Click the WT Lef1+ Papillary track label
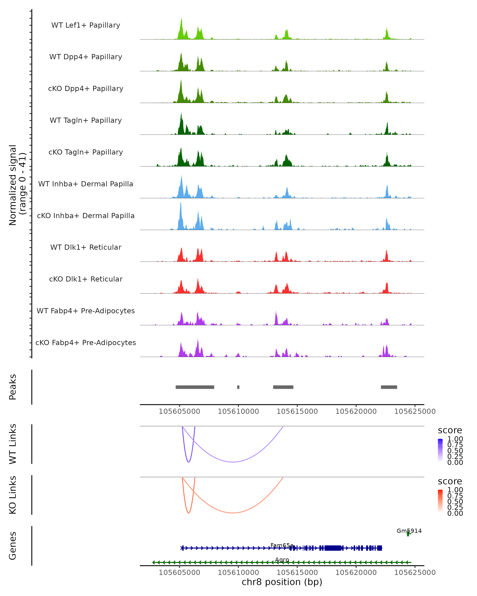tap(86, 25)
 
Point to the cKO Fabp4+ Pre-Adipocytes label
tap(86, 343)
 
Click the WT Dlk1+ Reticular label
tap(86, 247)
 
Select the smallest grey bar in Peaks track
tap(238, 387)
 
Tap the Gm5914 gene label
tap(409, 531)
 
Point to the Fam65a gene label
tap(282, 545)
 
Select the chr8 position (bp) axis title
tap(282, 582)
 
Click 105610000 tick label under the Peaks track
tap(238, 411)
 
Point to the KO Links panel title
tap(13, 495)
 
